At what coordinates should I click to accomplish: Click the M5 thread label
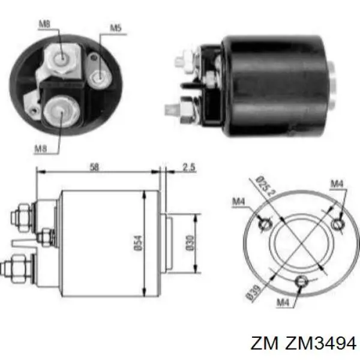pos(115,27)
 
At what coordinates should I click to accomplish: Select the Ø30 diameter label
pos(190,241)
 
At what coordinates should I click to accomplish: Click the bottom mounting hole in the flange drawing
pos(303,280)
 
